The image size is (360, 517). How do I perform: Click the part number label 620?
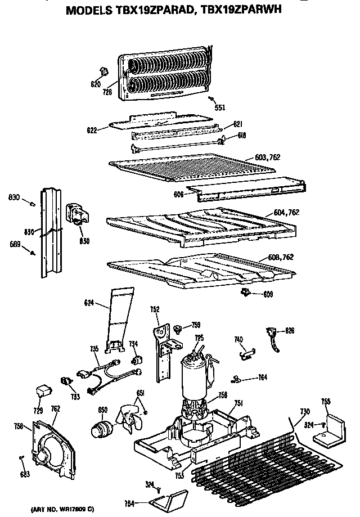pos(95,85)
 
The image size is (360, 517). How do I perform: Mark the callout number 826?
pos(290,330)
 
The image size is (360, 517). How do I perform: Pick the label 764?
pos(262,377)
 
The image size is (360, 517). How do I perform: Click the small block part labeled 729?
pos(42,389)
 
